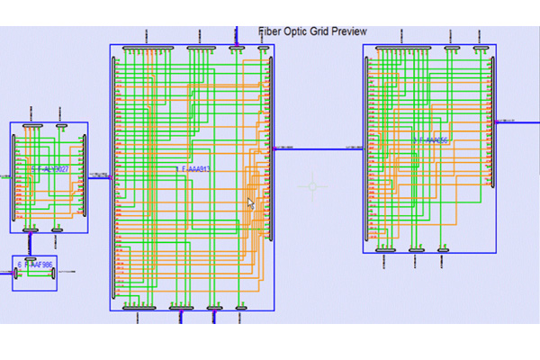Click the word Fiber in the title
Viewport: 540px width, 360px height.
(269, 31)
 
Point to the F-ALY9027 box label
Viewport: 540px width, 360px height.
(49, 168)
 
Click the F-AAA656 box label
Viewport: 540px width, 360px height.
(431, 141)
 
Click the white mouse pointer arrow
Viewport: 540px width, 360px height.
(251, 202)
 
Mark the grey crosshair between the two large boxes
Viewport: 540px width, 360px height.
(313, 186)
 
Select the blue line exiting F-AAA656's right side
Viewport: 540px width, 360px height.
(517, 121)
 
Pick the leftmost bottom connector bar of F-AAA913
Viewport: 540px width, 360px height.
(140, 308)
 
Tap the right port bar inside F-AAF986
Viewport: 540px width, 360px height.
(53, 273)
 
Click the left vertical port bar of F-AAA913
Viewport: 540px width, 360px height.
(113, 175)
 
